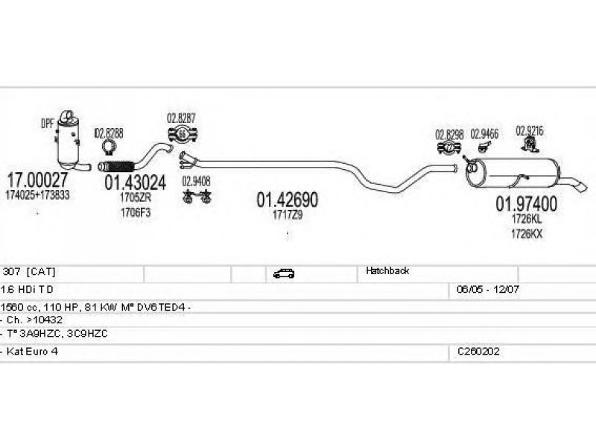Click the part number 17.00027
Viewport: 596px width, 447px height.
click(x=37, y=180)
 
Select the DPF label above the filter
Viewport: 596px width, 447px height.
click(x=47, y=124)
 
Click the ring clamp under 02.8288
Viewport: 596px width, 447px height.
click(x=110, y=148)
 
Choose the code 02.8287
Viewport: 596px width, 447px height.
click(x=181, y=118)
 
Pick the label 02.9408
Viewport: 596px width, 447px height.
click(x=196, y=180)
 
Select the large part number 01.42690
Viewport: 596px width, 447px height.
click(x=288, y=200)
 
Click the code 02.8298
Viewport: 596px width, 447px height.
click(x=450, y=134)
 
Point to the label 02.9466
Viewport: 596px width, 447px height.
click(x=484, y=134)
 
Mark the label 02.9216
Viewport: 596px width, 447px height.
click(x=530, y=130)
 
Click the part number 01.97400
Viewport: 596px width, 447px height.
click(x=527, y=203)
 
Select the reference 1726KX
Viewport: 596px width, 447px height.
click(x=527, y=232)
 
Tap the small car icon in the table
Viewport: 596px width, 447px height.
click(x=283, y=273)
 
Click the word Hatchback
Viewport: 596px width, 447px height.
click(x=387, y=271)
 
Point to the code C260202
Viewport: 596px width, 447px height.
click(x=478, y=351)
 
